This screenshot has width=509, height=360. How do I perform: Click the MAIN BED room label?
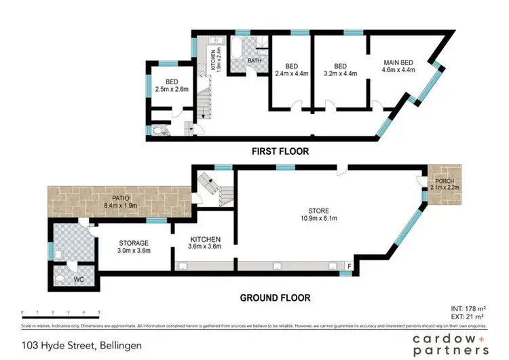pos(398,65)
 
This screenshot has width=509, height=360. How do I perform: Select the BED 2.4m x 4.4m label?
pos(291,70)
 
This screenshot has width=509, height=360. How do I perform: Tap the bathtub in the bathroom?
pos(239,50)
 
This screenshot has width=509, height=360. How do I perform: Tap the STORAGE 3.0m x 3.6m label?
pos(134,247)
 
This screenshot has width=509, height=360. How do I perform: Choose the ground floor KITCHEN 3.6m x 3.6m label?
pos(205,243)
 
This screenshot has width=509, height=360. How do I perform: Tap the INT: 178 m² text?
pos(470,309)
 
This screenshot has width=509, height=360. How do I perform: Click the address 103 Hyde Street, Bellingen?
pos(82,346)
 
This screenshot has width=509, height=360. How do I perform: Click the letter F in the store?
pos(350,266)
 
